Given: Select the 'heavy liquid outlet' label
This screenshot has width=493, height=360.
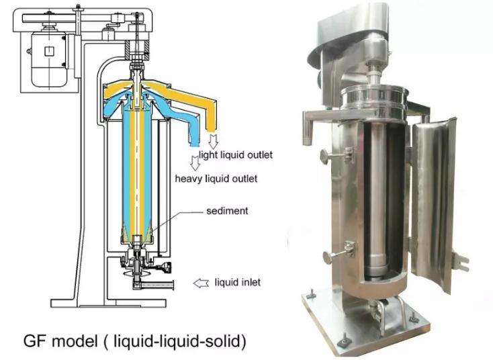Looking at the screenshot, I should click(x=216, y=179).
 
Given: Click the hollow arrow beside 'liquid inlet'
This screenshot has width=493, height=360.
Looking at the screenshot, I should click(x=201, y=283).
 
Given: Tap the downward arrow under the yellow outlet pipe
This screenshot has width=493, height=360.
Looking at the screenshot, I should click(x=214, y=142).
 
